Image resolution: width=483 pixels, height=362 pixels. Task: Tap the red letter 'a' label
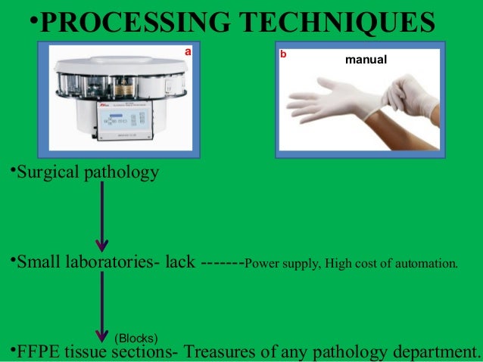(189, 52)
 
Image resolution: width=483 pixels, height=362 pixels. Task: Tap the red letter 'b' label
(283, 54)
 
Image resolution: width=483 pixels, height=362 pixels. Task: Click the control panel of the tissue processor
(124, 120)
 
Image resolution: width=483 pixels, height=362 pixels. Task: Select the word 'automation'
(430, 264)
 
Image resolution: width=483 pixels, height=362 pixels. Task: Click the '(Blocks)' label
(136, 337)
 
